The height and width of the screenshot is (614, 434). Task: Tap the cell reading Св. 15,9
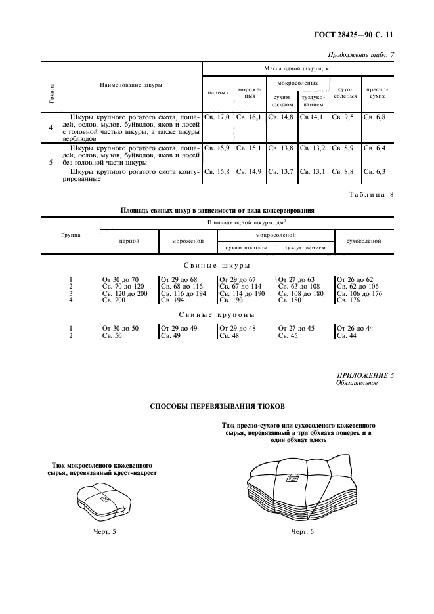coord(217,149)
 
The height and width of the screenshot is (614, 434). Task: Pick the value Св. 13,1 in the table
coord(313,172)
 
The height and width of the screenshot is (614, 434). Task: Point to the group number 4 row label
coord(51,127)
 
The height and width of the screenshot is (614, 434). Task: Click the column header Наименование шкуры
coord(131,85)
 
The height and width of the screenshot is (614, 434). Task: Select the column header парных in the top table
coord(217,93)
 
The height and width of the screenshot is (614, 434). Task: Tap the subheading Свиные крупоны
coord(216,316)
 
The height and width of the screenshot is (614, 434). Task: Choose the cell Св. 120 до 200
coord(124,293)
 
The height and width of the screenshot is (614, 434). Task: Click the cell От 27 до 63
coord(297,279)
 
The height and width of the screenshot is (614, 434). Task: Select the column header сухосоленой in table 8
coord(364,241)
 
